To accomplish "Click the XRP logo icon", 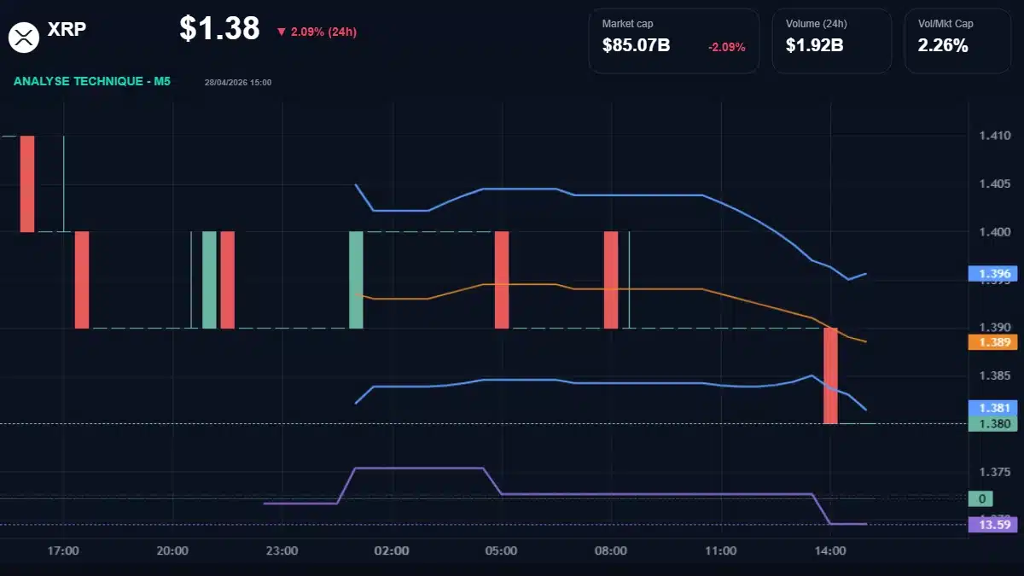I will coord(25,36).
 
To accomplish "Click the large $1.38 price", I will coord(219,29).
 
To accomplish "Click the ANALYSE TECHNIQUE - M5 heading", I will coord(92,82).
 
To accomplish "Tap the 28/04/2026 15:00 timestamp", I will coord(238,83).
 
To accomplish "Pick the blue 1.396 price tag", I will coord(993,274).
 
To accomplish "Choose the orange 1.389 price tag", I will coord(993,342).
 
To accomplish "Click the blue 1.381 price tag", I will coord(993,408).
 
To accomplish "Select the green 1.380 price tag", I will coord(993,423).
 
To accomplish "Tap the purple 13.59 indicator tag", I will coord(993,524).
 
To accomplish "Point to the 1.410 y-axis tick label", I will coord(994,136).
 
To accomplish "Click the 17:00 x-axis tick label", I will coord(63,551).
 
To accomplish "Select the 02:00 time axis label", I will coord(392,551).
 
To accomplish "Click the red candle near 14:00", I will coord(830,375).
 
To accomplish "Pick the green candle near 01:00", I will coord(356,280).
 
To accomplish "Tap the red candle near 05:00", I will coord(502,280).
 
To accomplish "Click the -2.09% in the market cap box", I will coord(726,47).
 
